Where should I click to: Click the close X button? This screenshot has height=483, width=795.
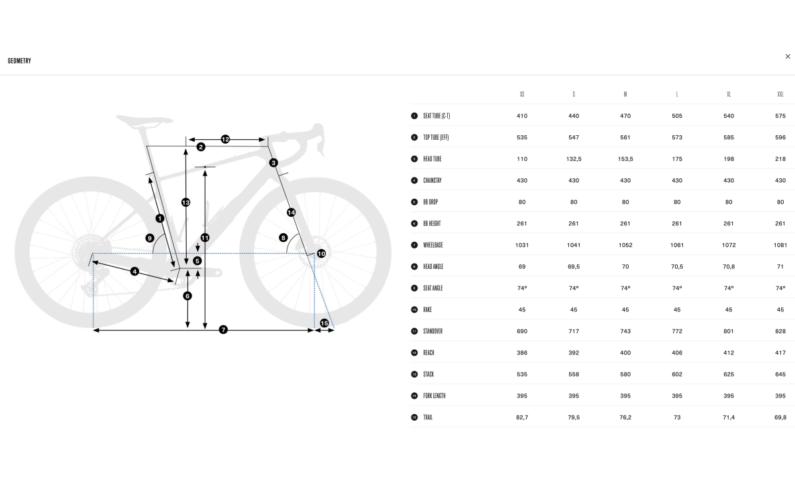(788, 56)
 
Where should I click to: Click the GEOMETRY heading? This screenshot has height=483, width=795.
(19, 61)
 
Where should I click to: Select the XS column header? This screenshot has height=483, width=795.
(522, 94)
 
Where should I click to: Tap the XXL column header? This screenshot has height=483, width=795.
(780, 94)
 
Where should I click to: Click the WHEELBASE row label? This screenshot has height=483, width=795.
(433, 245)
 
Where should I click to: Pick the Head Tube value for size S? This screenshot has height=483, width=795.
(574, 159)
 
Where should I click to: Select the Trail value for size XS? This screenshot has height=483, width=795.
(522, 417)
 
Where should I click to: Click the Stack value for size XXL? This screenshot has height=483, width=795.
(780, 374)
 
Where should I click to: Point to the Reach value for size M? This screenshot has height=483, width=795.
(625, 352)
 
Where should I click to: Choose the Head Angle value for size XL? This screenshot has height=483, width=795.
(728, 266)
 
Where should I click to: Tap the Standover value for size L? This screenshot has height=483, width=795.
(677, 331)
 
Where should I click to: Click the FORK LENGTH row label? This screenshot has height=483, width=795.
(434, 396)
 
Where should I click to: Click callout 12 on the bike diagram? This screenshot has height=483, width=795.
(225, 139)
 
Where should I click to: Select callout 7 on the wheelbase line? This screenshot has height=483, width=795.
(223, 330)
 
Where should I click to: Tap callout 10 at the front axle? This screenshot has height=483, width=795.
(321, 254)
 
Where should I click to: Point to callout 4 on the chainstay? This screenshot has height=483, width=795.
(134, 272)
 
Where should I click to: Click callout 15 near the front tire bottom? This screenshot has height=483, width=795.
(324, 323)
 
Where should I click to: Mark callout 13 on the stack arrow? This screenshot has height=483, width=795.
(185, 202)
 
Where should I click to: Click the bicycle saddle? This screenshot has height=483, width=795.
(144, 121)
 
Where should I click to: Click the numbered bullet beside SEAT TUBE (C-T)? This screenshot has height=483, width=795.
(414, 116)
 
